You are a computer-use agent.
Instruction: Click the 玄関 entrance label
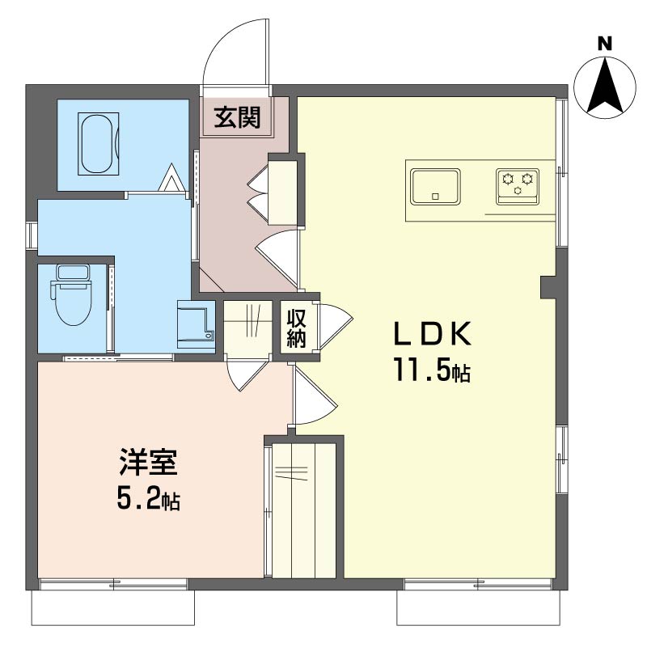[x=237, y=117]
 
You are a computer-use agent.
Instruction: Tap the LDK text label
[x=433, y=333]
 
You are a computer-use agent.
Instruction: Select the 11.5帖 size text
[x=432, y=370]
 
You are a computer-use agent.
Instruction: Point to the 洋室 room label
[x=149, y=462]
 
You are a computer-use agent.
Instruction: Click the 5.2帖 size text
[x=149, y=499]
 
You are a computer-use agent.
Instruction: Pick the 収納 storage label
[x=296, y=329]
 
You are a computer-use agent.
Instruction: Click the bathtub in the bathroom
[x=99, y=144]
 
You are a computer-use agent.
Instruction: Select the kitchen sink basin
[x=435, y=187]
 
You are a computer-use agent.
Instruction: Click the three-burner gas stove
[x=518, y=187]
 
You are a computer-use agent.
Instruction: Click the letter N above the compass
[x=605, y=44]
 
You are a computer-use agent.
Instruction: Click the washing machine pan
[x=197, y=325]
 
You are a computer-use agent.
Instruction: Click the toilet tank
[x=73, y=273]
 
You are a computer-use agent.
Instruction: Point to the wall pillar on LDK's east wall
[x=548, y=287]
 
